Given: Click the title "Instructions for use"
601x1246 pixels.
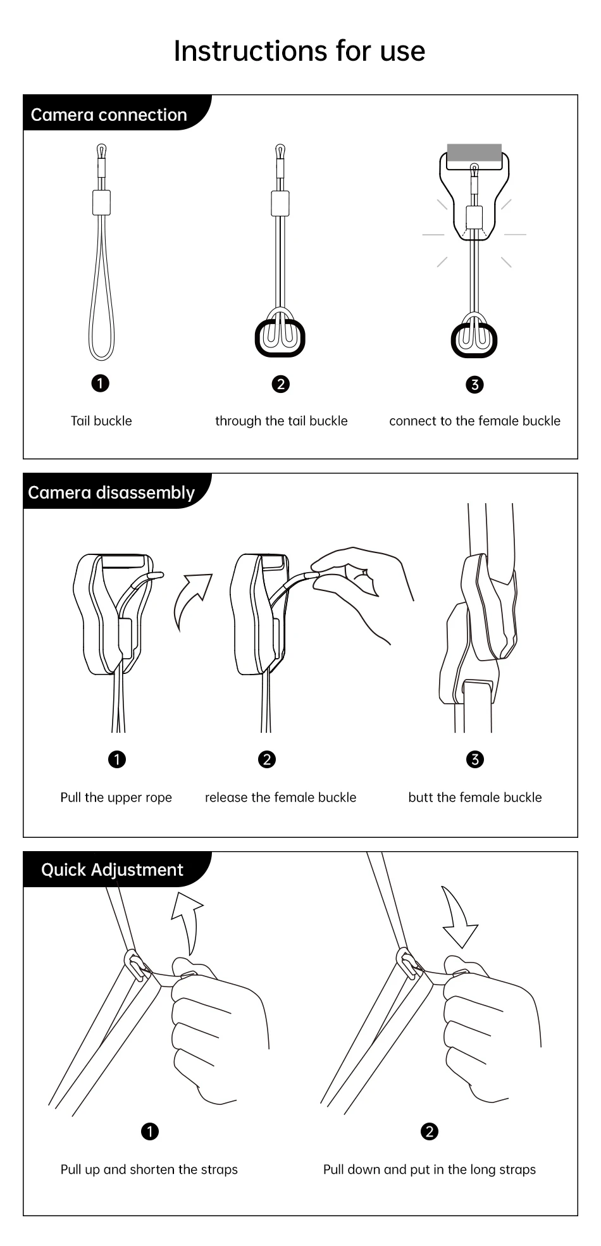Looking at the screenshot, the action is [x=299, y=51].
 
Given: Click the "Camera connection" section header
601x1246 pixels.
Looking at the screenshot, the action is [x=109, y=115].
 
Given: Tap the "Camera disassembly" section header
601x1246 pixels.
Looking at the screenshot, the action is [x=111, y=492].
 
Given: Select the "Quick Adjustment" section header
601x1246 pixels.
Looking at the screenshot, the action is [x=112, y=869].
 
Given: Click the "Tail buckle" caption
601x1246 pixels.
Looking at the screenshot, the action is [x=101, y=421].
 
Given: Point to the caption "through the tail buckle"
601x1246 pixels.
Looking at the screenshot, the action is [x=282, y=421].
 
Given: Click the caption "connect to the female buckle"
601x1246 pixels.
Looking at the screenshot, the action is [x=474, y=421].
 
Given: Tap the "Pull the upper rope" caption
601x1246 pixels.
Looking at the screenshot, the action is [x=116, y=797].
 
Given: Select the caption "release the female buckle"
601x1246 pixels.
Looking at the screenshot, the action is [x=280, y=797].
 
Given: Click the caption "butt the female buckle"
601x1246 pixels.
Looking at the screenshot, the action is [x=475, y=797].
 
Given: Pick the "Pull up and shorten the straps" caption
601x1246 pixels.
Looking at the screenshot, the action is [x=149, y=1169].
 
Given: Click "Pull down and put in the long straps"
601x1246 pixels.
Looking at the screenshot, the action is [x=430, y=1169].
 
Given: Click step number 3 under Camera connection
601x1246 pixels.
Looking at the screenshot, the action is [x=474, y=384].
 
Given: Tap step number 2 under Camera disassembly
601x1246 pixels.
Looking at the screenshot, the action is [x=267, y=759].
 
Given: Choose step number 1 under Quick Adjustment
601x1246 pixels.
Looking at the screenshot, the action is [x=150, y=1131].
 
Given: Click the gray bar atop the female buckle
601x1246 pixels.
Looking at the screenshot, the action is [x=474, y=152].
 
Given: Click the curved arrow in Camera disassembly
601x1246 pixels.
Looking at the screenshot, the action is [x=190, y=598].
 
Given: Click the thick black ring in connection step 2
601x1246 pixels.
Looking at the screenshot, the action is [x=257, y=339].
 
